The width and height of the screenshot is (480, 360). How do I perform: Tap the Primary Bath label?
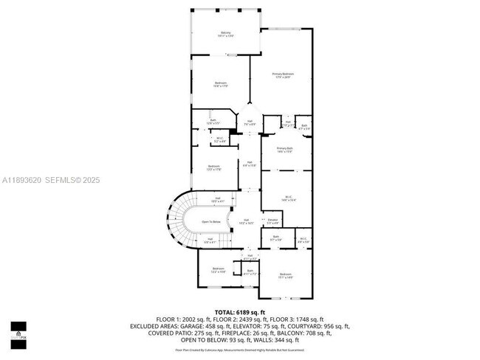click(285, 150)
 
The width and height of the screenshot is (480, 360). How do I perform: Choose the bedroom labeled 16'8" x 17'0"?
click(220, 85)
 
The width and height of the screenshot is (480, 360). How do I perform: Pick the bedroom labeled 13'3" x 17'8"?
click(213, 167)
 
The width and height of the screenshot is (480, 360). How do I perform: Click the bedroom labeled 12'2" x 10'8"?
click(218, 270)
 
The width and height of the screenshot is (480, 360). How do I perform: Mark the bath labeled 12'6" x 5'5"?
click(213, 122)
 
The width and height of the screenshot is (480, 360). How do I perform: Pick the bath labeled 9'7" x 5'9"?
click(275, 238)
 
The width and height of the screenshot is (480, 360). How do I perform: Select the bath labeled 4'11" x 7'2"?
click(250, 272)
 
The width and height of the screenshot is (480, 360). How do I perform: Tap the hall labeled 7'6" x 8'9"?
click(250, 122)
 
